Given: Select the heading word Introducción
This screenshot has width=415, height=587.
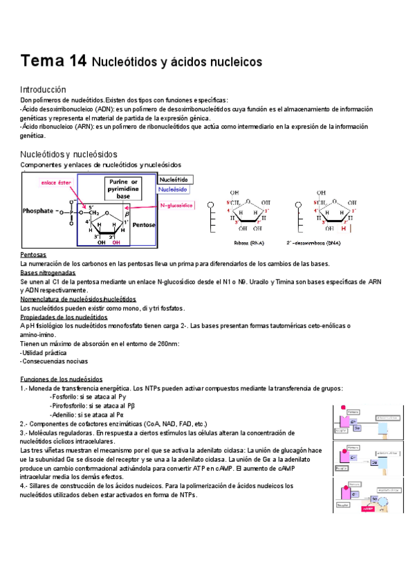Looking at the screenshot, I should click(x=43, y=90).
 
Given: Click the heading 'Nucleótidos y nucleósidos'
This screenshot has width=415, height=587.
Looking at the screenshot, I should click(x=69, y=154).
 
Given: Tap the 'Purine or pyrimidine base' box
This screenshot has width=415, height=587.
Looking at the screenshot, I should click(x=123, y=188).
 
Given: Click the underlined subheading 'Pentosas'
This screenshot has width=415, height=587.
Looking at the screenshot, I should click(x=33, y=255).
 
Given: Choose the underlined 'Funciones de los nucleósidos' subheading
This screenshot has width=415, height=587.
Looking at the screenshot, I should click(x=62, y=379).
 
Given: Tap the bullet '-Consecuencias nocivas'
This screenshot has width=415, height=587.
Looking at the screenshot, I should click(x=54, y=361).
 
